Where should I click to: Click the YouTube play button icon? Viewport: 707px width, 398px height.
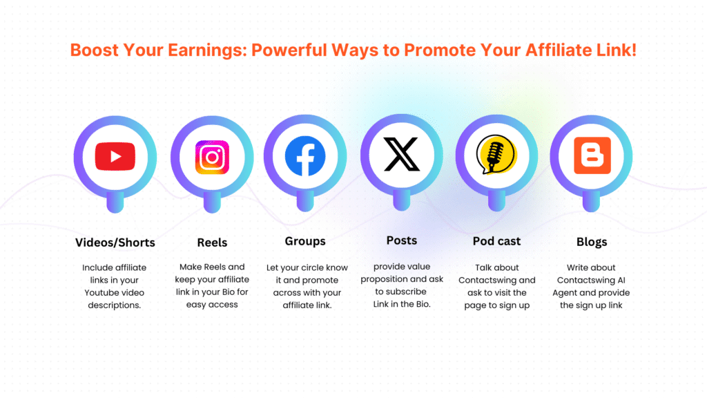click(x=115, y=155)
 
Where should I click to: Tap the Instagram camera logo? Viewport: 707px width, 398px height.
click(x=212, y=157)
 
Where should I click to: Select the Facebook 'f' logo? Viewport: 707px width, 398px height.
click(x=305, y=155)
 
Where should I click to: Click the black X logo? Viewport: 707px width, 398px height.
click(x=401, y=154)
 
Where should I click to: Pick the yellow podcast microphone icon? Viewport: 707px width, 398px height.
click(x=496, y=155)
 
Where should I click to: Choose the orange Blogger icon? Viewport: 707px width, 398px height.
click(x=592, y=155)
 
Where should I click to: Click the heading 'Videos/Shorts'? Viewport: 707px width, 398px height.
click(x=115, y=243)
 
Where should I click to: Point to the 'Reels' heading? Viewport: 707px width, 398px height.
click(x=213, y=243)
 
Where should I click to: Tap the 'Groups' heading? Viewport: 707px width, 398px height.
click(x=305, y=241)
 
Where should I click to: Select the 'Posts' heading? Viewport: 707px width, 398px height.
click(x=401, y=240)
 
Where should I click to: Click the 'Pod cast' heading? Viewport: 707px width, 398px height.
click(x=496, y=241)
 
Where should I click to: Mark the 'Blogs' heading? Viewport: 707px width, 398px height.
click(x=592, y=242)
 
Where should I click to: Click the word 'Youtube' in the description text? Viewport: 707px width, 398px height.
click(x=101, y=293)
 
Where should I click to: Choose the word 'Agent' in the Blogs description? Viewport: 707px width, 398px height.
click(x=583, y=293)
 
